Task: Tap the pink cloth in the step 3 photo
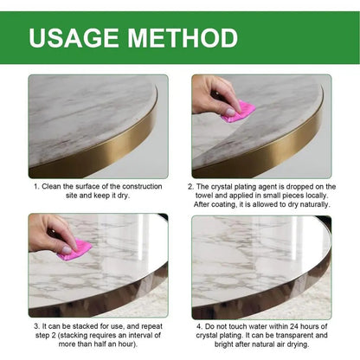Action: [x=74, y=250]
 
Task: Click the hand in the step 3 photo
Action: [x=47, y=234]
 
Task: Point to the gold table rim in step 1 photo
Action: [x=130, y=151]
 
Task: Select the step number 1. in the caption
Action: [x=36, y=186]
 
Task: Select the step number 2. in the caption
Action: [x=192, y=186]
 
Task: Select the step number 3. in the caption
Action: [x=36, y=325]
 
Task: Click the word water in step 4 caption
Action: [x=255, y=325]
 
